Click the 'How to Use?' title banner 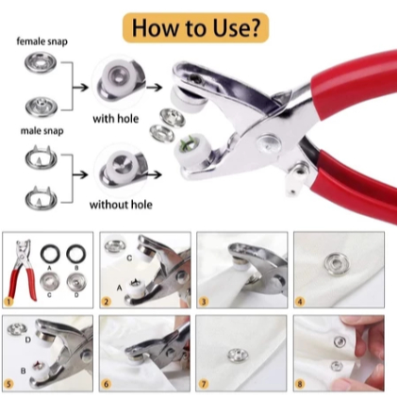pyautogui.click(x=195, y=27)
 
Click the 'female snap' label pyautogui.click(x=42, y=41)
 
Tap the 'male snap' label pyautogui.click(x=42, y=130)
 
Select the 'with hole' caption pyautogui.click(x=116, y=119)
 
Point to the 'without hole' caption pyautogui.click(x=121, y=205)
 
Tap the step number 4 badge pyautogui.click(x=300, y=302)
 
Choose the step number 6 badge pyautogui.click(x=107, y=384)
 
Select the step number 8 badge pyautogui.click(x=300, y=384)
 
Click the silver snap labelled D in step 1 pyautogui.click(x=76, y=281)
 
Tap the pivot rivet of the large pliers pyautogui.click(x=269, y=144)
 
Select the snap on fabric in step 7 pyautogui.click(x=238, y=355)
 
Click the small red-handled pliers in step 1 pyautogui.click(x=23, y=270)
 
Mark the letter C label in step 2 pyautogui.click(x=129, y=258)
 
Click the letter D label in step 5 pyautogui.click(x=28, y=340)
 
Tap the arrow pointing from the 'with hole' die pyautogui.click(x=154, y=88)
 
